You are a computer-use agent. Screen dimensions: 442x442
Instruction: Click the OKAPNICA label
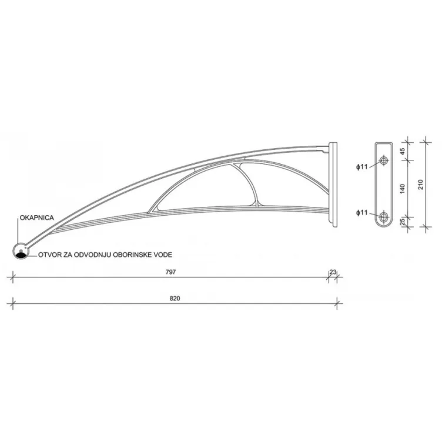[37, 217]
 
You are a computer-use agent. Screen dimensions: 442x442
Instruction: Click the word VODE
[163, 256]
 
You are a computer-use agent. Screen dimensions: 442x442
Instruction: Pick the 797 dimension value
[172, 272]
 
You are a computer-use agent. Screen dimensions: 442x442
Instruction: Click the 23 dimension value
[333, 272]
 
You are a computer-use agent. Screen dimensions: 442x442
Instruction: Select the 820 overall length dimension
[174, 298]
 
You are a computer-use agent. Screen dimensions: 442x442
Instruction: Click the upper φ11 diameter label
[361, 167]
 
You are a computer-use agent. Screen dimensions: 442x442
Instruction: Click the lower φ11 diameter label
[361, 212]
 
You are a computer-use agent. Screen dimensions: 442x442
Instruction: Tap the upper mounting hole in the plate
[384, 161]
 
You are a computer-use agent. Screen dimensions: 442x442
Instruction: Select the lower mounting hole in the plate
[384, 216]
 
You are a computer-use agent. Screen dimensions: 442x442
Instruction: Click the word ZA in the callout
[68, 256]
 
